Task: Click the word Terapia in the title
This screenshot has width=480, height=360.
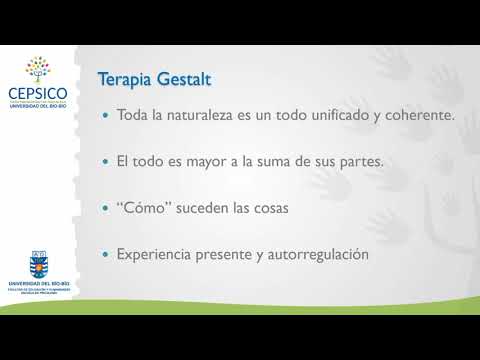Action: point(125,79)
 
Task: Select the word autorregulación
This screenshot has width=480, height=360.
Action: point(315,255)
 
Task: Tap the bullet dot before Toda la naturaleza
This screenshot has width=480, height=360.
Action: point(105,116)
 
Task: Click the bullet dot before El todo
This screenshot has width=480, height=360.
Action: point(105,162)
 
